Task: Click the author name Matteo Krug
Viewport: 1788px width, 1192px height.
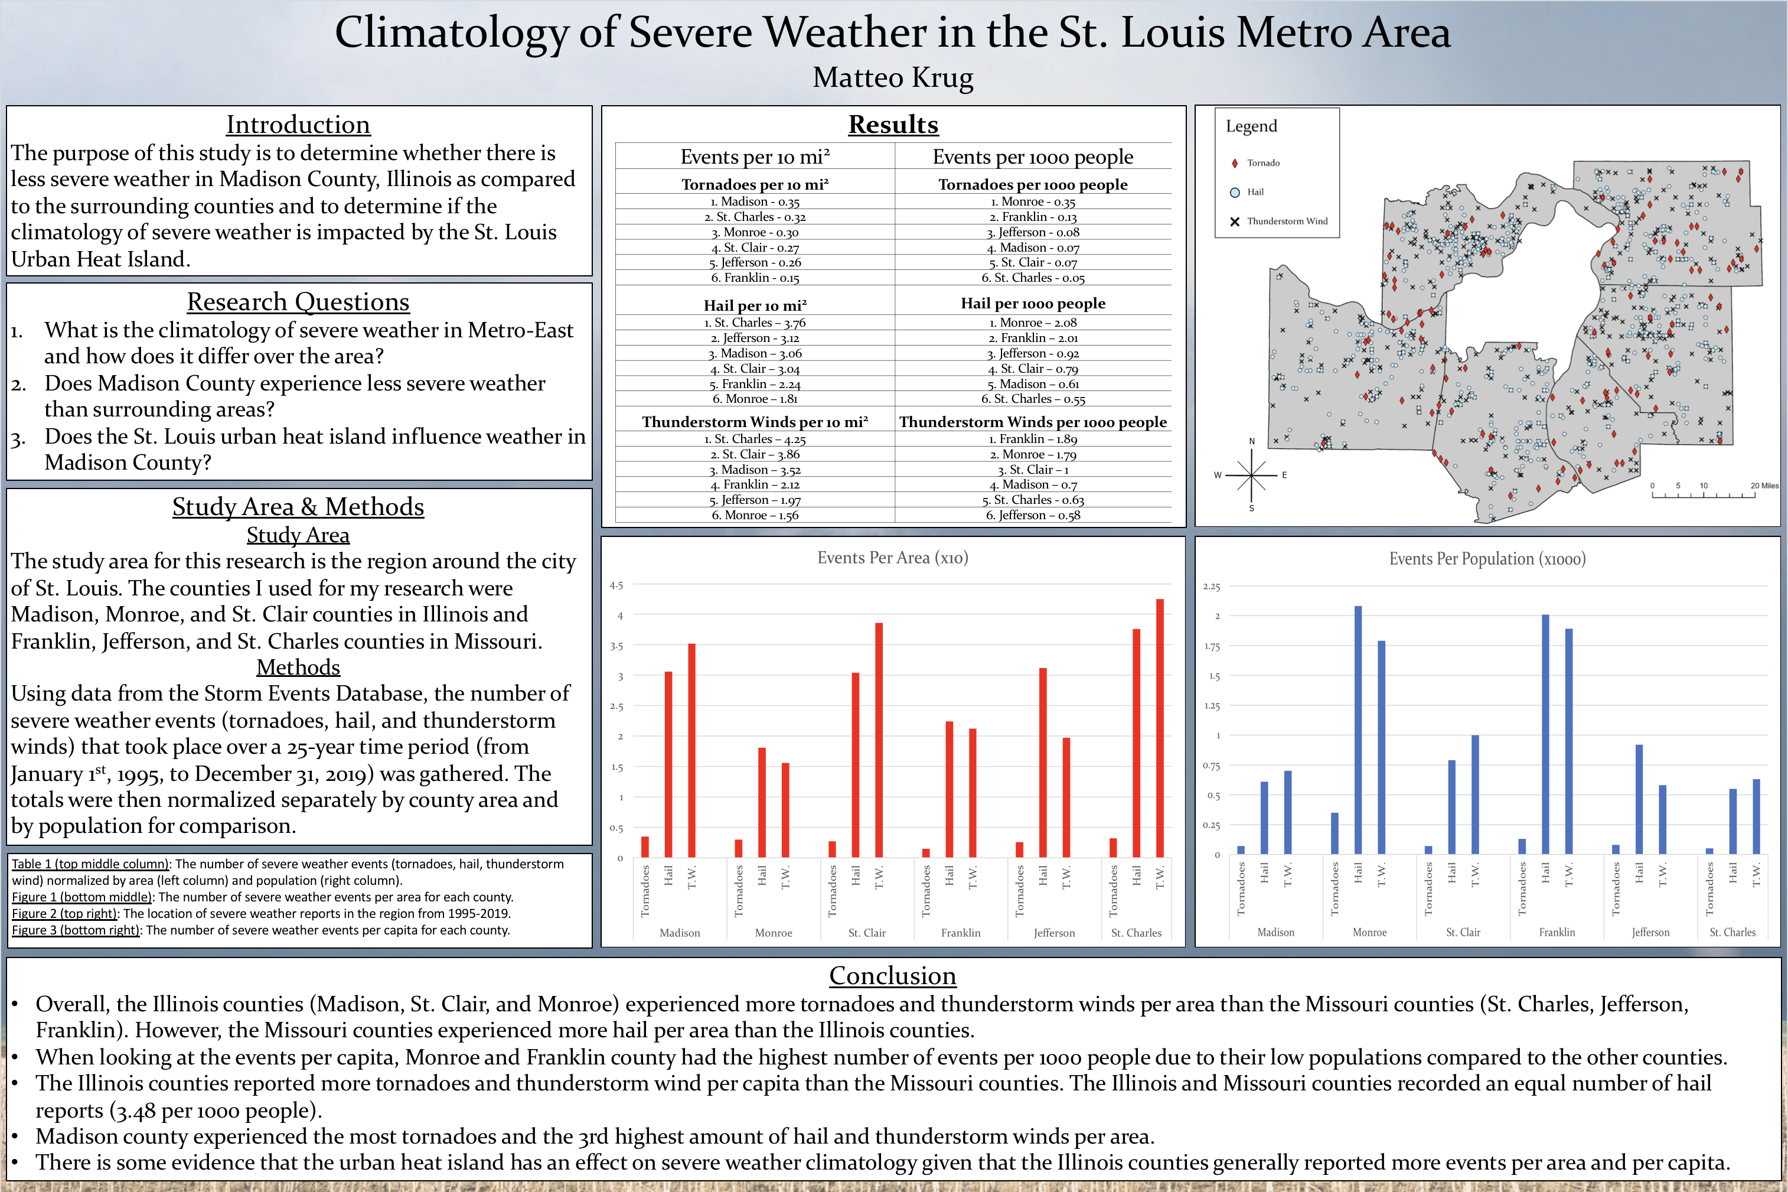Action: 893,77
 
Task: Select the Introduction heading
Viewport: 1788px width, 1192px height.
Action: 298,125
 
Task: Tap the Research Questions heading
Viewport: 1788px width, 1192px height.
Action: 298,302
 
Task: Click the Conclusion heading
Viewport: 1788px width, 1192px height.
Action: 892,975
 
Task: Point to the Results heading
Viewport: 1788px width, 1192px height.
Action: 893,125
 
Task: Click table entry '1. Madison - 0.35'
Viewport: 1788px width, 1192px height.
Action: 755,201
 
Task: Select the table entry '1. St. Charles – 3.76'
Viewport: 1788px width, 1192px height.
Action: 755,323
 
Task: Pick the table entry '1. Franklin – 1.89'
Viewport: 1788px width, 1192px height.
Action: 1033,439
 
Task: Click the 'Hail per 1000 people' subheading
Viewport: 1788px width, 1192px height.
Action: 1033,304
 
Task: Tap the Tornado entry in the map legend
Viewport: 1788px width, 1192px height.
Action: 1262,162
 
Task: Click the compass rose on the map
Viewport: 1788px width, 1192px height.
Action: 1251,475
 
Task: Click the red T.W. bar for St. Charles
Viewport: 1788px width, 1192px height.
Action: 1160,728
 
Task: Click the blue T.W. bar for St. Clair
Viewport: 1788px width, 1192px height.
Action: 1475,794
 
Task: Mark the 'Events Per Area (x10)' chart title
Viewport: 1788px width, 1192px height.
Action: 892,558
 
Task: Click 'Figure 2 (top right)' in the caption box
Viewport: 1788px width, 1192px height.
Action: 64,914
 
